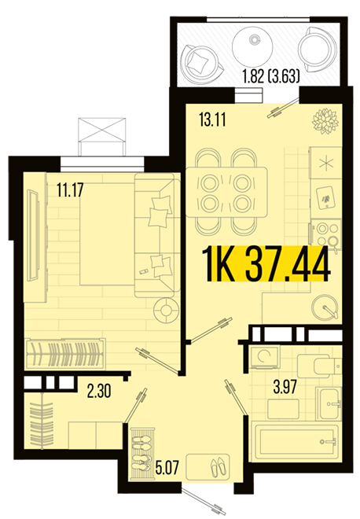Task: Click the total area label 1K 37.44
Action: (x=266, y=264)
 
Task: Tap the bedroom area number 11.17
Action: (x=70, y=190)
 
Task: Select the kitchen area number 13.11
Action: (x=212, y=120)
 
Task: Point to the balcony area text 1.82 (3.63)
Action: (x=271, y=76)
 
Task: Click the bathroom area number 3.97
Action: (x=285, y=387)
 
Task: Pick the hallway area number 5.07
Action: (x=167, y=467)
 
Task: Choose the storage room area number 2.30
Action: (x=99, y=392)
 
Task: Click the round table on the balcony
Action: (x=252, y=46)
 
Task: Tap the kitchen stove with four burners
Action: (x=325, y=234)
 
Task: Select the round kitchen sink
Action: (x=325, y=307)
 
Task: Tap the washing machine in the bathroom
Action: (x=265, y=357)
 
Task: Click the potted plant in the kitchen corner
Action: (x=325, y=120)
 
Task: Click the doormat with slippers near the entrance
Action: (x=208, y=466)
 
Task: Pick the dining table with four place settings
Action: (x=226, y=193)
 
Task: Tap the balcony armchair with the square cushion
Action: (x=203, y=63)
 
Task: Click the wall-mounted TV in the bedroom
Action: (x=33, y=235)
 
